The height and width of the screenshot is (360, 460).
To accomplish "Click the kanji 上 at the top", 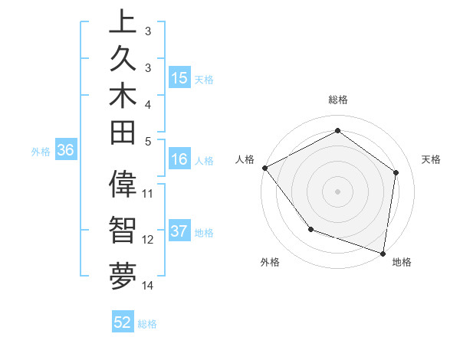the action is (123, 21).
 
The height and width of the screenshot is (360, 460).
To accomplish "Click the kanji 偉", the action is (123, 185).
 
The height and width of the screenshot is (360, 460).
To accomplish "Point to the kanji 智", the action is (123, 231).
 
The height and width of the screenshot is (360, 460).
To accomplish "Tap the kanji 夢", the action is (123, 277).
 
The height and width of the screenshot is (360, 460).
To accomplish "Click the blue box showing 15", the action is (179, 78).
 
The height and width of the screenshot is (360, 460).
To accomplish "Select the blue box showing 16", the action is (179, 160).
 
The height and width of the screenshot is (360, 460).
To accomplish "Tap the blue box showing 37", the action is (179, 232).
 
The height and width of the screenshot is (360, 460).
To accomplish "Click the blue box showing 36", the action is (65, 151).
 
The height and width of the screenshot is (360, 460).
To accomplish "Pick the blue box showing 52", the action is (123, 322).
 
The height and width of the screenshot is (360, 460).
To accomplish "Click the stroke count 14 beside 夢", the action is (148, 286).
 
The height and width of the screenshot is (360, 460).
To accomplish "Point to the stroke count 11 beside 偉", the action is (148, 194).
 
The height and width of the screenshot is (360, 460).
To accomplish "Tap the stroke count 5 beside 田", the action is (148, 141).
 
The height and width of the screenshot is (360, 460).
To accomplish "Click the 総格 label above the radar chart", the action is (337, 100).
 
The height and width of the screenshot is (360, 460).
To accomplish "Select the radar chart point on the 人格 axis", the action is (264, 168).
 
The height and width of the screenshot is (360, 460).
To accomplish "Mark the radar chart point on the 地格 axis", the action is (383, 253).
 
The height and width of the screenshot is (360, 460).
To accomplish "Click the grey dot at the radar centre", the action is (337, 191).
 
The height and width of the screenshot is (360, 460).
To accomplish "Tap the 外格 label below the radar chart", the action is (270, 263).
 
